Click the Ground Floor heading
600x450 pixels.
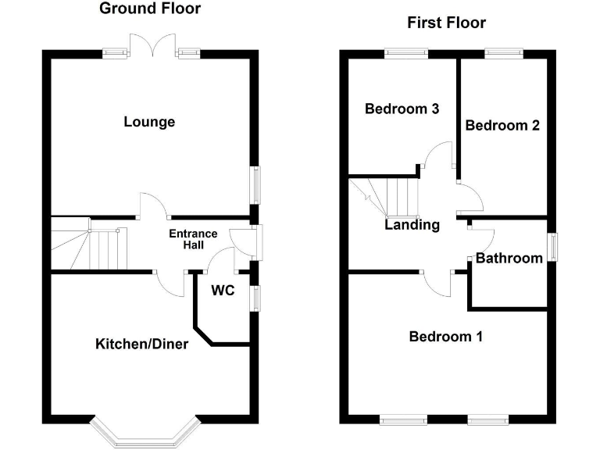click(x=150, y=9)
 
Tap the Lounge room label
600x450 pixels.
click(x=149, y=122)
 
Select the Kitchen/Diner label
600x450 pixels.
click(x=141, y=344)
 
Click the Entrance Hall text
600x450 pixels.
click(x=193, y=239)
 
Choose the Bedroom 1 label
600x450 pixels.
click(x=445, y=337)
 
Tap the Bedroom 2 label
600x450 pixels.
click(x=502, y=125)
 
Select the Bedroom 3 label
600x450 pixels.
click(x=402, y=109)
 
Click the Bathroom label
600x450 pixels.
click(x=509, y=258)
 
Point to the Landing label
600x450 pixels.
click(x=412, y=225)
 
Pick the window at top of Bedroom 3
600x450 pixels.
click(x=405, y=53)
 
